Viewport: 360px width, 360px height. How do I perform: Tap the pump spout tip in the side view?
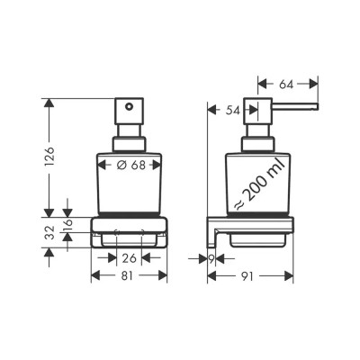click(x=316, y=108)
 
